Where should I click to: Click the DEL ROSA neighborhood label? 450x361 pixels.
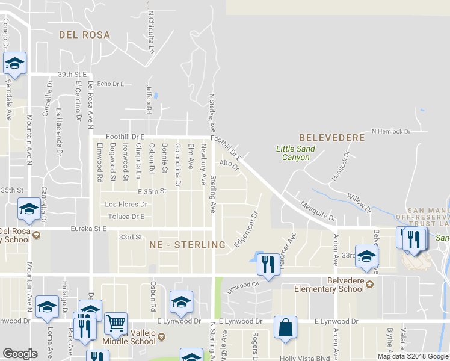tap(84, 35)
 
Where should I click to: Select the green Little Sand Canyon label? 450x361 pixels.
tap(295, 153)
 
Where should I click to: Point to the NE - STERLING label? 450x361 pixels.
tap(187, 245)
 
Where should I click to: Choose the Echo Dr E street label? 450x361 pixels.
tap(110, 84)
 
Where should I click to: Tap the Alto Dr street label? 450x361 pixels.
tap(229, 164)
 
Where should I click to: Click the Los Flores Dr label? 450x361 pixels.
tap(126, 204)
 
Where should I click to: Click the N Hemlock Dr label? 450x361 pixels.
tap(390, 131)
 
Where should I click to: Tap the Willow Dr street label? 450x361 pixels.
tap(359, 202)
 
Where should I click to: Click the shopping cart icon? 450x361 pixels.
tap(116, 322)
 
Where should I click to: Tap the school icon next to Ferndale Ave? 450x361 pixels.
tap(14, 63)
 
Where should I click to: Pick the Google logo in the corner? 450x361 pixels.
tap(20, 354)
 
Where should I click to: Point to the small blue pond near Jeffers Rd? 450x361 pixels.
tap(155, 95)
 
